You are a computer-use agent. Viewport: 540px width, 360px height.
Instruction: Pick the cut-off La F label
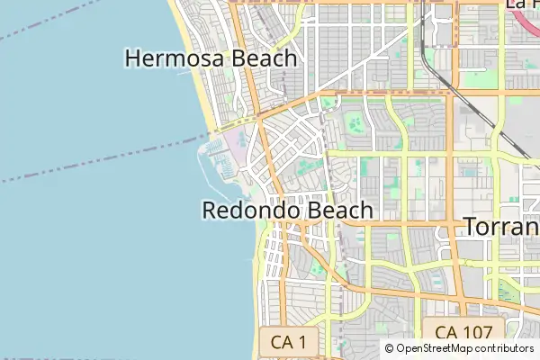coord(522,4)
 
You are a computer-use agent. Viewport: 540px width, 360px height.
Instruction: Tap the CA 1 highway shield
coord(289,342)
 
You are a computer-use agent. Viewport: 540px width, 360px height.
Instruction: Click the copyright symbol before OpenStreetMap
coord(390,348)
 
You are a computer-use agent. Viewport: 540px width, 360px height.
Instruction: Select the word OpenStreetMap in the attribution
coord(435,348)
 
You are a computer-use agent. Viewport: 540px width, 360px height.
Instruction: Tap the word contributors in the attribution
coord(504,348)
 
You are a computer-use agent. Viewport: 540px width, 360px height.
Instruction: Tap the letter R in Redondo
coord(210,211)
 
